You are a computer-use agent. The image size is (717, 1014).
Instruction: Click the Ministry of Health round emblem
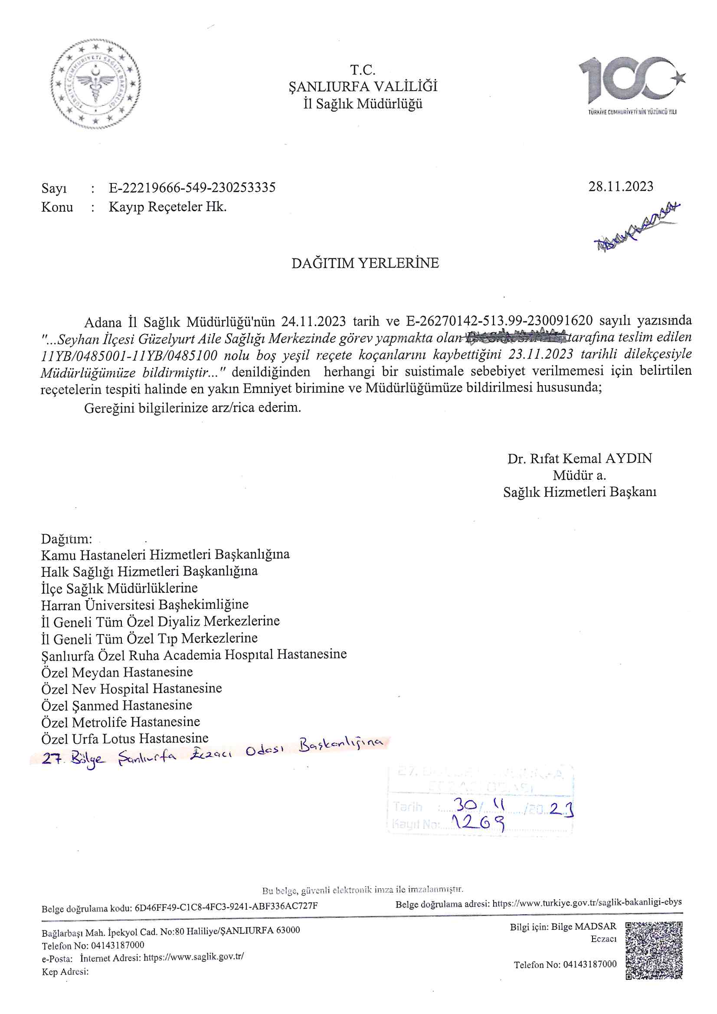96,84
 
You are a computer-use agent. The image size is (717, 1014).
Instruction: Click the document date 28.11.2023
620,187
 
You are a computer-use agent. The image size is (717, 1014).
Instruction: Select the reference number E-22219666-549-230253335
192,188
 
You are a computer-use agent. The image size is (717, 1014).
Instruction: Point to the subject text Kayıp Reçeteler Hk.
167,207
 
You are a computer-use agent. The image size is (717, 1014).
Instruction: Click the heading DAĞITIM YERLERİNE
365,263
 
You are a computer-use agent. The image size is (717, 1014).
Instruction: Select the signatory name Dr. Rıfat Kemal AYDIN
579,458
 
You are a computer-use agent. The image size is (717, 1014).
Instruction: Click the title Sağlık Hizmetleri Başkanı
579,492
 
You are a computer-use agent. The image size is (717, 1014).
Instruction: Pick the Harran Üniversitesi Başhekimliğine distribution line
144,604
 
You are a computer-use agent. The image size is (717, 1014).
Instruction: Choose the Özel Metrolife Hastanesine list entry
121,722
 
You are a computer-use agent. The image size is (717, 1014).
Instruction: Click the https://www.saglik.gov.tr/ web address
193,957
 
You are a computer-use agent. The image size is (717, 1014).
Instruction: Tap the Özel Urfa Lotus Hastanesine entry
124,739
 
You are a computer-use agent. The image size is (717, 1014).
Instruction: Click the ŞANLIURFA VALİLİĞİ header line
363,87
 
